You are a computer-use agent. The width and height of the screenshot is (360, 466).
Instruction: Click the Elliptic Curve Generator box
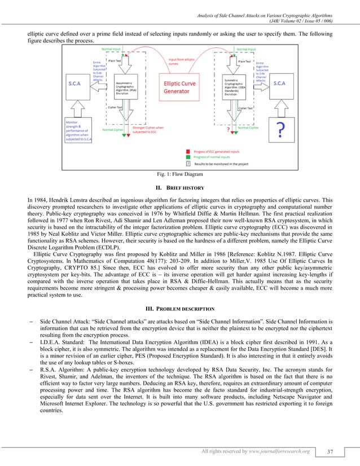181,89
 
